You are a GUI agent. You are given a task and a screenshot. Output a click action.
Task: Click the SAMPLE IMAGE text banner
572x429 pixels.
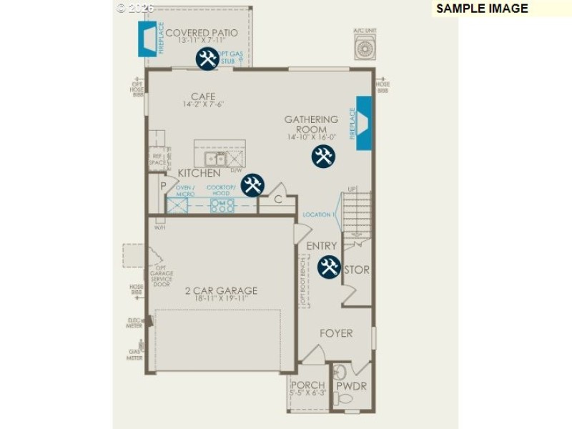(482, 9)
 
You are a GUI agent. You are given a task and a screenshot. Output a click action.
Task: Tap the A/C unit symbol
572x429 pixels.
(365, 47)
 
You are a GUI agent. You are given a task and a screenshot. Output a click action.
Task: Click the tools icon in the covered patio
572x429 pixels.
(207, 59)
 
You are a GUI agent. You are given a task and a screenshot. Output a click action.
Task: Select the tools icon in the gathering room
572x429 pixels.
(322, 156)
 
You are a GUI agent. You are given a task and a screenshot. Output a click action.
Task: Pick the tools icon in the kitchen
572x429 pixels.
(252, 185)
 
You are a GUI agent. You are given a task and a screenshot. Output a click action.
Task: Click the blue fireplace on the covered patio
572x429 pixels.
(148, 38)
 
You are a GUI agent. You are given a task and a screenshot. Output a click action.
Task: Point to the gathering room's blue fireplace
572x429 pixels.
(364, 124)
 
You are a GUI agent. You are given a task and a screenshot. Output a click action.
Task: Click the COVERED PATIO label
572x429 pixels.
(202, 33)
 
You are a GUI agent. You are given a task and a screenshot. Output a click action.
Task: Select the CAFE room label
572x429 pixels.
(203, 97)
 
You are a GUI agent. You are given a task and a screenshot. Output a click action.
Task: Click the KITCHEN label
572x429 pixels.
(199, 173)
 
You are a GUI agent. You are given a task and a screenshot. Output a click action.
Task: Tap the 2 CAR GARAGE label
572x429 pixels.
(221, 290)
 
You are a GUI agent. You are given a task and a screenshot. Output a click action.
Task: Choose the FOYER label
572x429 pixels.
(336, 333)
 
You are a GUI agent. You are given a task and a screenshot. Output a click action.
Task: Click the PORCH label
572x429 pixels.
(308, 385)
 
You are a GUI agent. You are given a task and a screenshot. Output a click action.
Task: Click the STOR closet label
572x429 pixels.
(357, 270)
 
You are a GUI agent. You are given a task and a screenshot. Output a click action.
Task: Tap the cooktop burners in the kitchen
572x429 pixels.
(222, 206)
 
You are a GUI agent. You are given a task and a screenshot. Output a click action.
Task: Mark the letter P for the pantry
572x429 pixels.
(164, 185)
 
